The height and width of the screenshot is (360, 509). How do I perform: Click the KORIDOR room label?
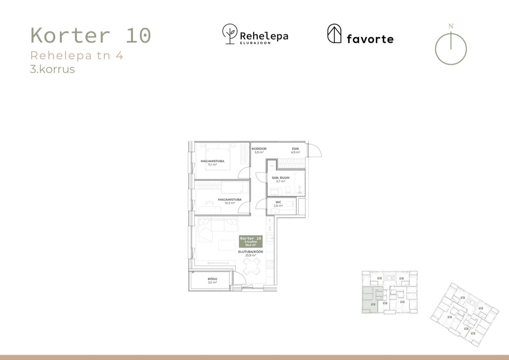click(259, 149)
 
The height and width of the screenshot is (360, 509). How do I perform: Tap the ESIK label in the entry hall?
click(295, 149)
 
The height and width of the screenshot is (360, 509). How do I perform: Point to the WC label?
click(278, 202)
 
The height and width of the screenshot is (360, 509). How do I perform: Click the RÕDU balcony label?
click(212, 278)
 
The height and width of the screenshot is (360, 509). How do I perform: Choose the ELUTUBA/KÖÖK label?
click(251, 252)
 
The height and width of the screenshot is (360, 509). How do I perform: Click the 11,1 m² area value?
click(213, 165)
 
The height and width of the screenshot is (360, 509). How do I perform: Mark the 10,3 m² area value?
click(229, 203)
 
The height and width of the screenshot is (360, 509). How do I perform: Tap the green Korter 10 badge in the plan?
click(251, 241)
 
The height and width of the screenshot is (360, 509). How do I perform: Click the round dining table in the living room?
click(252, 267)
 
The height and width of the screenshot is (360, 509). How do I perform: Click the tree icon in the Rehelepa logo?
click(230, 34)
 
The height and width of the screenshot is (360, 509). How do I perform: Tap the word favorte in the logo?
click(370, 39)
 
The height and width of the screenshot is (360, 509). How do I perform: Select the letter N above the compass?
click(451, 26)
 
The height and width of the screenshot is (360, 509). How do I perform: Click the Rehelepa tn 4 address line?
click(77, 56)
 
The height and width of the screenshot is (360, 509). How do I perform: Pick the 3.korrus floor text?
click(52, 69)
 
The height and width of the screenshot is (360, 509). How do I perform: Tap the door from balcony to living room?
click(239, 279)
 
